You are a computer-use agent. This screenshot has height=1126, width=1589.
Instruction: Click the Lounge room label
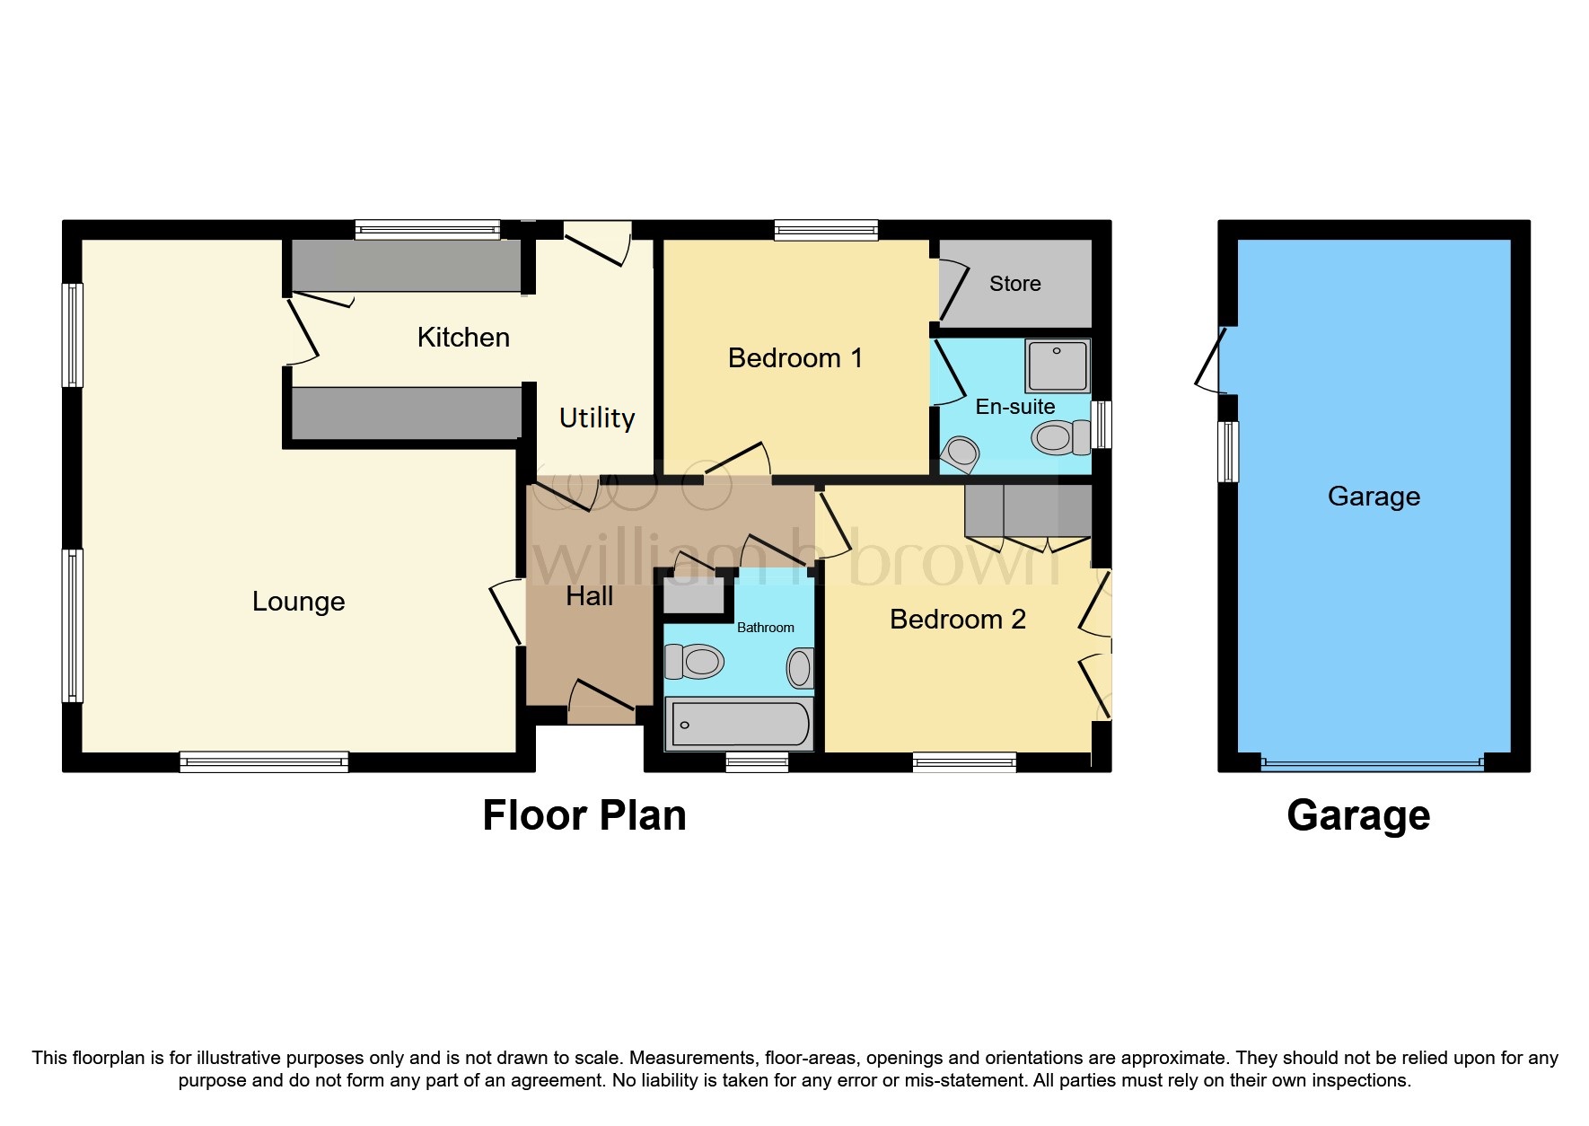pos(298,602)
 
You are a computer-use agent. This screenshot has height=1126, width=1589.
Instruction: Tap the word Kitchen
pos(463,338)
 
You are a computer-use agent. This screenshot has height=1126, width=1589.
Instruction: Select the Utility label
pos(596,418)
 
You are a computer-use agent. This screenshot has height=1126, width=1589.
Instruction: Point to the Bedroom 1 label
pos(794,358)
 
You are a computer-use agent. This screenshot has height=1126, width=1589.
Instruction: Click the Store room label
pos(1014,284)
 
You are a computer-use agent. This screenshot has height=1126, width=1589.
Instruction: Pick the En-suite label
pos(1014,407)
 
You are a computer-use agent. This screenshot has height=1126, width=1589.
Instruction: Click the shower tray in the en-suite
pos(1058,365)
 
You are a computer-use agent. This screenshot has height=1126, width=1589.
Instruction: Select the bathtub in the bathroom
pos(739,725)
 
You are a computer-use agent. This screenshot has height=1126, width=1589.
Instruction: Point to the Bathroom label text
pos(765,628)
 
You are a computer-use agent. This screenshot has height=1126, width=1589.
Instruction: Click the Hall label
pos(589,596)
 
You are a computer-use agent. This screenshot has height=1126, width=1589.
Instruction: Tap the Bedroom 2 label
pos(957,620)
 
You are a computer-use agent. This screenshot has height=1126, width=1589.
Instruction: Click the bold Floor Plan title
pos(584,815)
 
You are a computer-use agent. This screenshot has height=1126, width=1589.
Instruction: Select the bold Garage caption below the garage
pos(1357,815)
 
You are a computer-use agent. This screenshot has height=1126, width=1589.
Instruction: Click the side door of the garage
pos(1211,361)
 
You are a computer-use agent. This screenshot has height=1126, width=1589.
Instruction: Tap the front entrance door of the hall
pos(601,702)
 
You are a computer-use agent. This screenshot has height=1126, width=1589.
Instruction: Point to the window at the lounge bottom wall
pos(264,762)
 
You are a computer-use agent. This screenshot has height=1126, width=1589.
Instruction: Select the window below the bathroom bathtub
pos(757,762)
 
